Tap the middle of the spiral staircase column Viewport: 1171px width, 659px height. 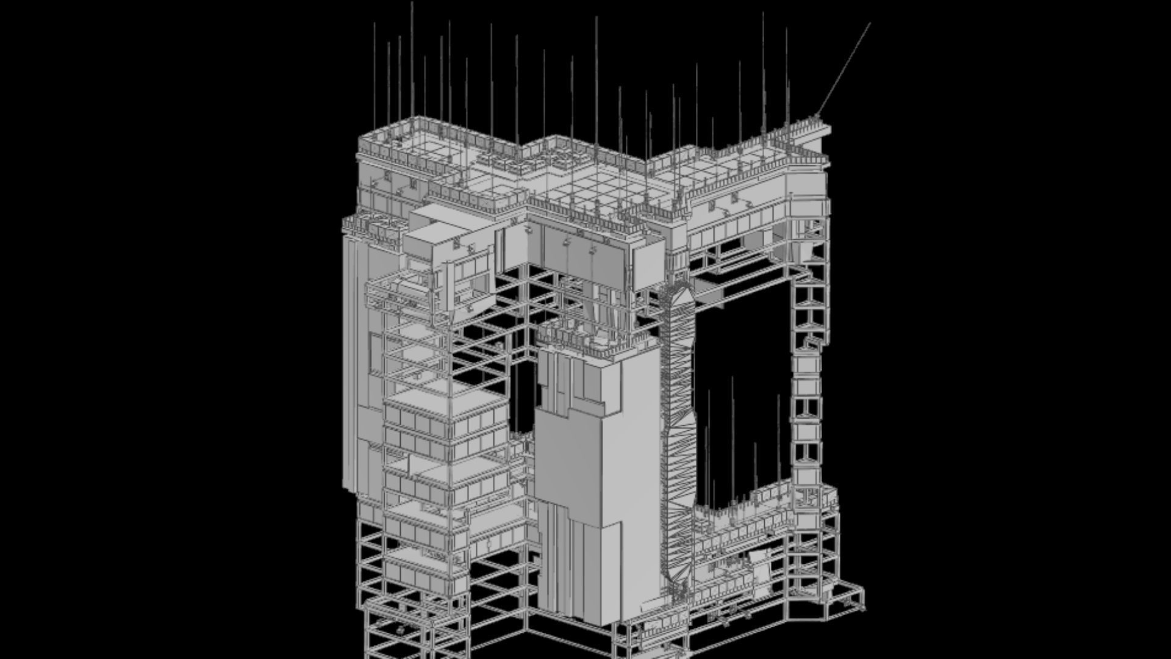click(x=677, y=421)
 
